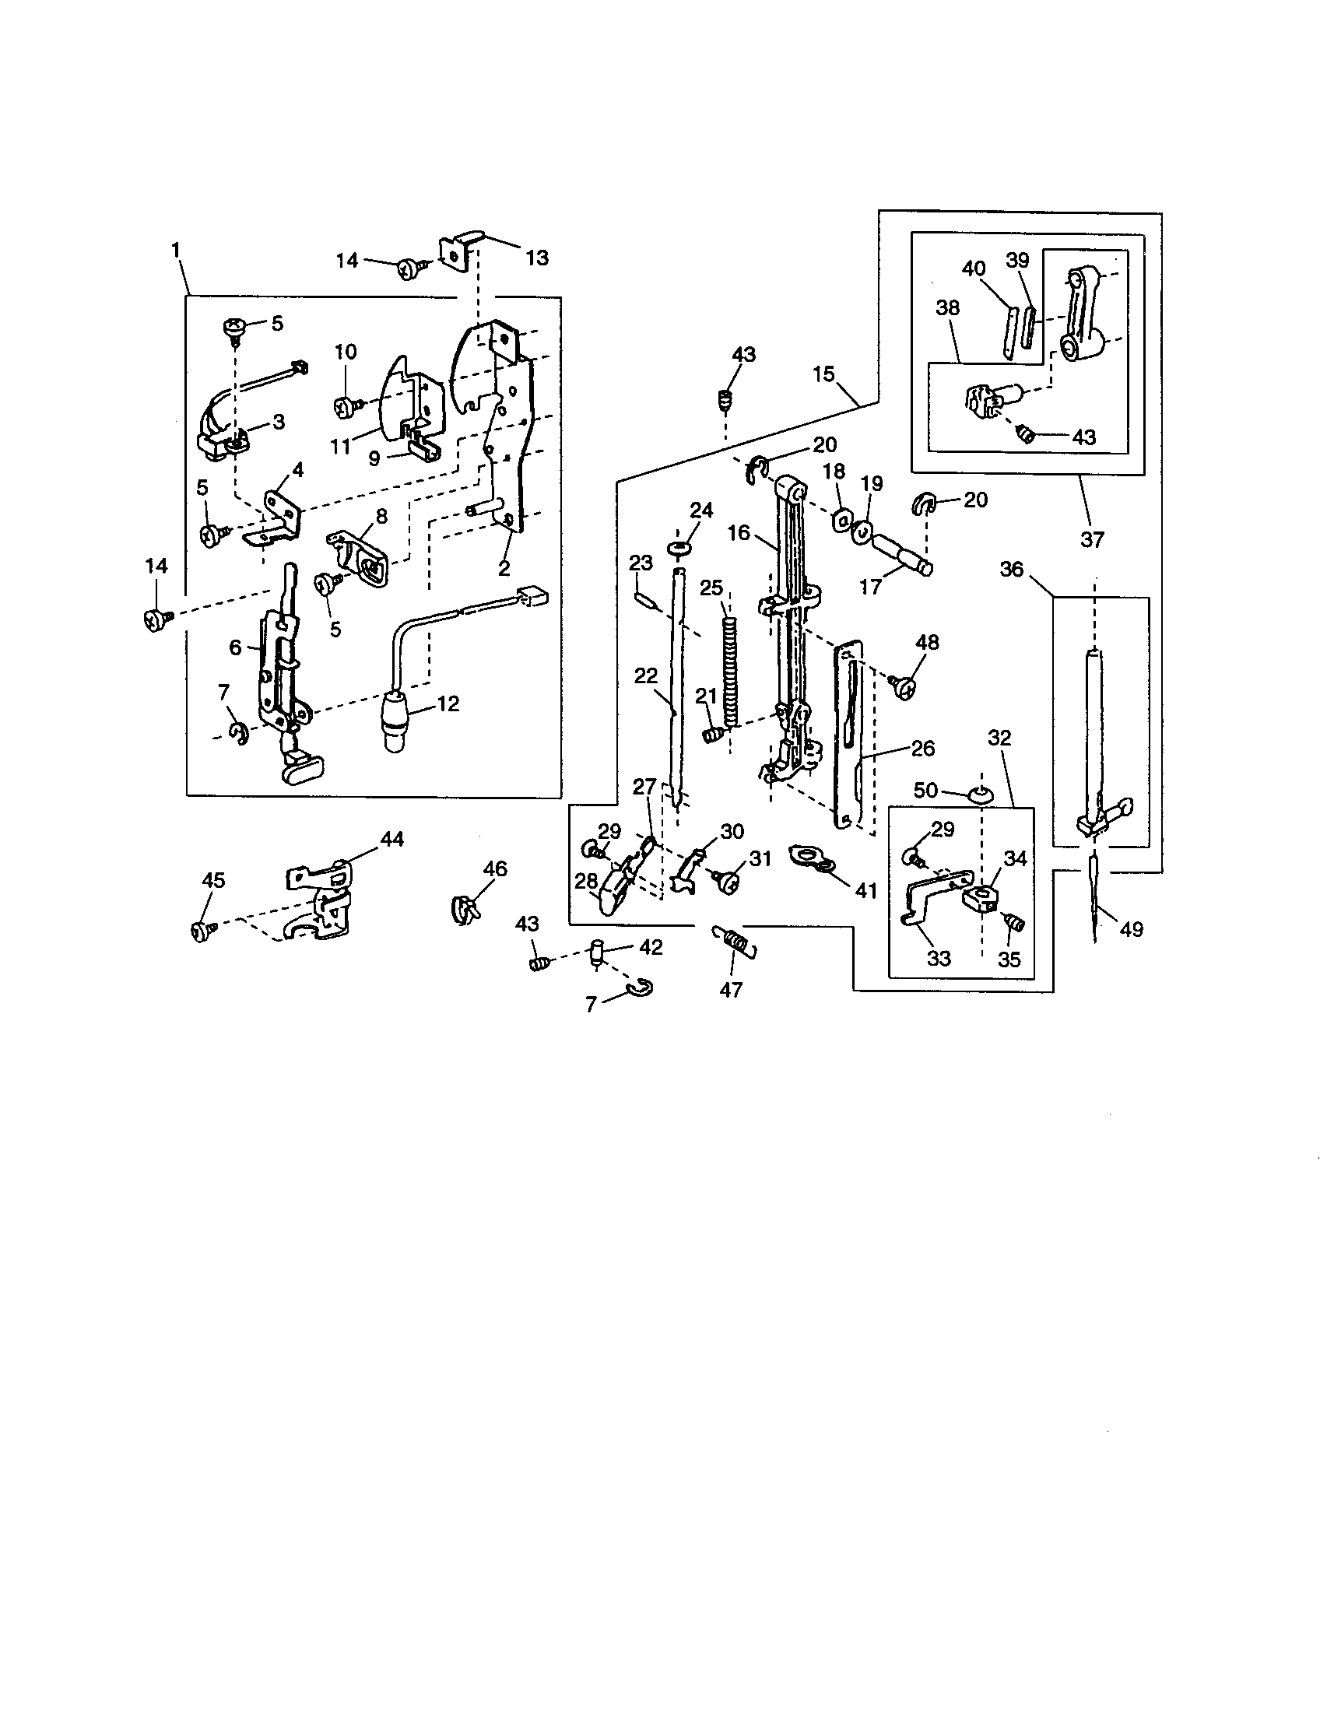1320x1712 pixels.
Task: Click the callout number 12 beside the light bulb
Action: pos(448,703)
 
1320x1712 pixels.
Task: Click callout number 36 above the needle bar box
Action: pos(1012,569)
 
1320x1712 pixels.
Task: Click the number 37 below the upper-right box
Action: pos(1092,539)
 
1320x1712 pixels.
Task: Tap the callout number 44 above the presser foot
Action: pos(392,839)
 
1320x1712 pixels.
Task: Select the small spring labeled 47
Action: pos(735,941)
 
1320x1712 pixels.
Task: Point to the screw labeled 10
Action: pos(346,405)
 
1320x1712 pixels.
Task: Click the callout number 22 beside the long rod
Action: pos(645,675)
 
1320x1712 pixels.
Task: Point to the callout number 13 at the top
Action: pos(537,257)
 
